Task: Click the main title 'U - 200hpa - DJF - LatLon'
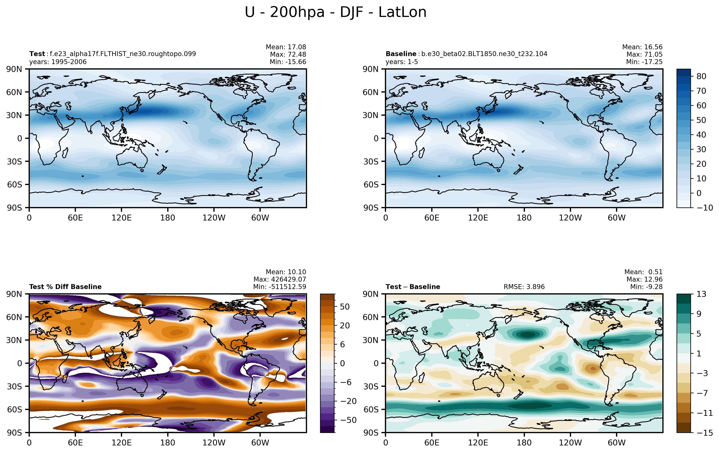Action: coord(336,12)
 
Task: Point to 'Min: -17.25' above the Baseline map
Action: coord(644,62)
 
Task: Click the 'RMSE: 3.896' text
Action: coord(524,287)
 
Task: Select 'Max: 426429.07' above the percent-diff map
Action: coord(280,279)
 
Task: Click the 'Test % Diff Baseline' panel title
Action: coord(65,287)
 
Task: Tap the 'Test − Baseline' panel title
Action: coord(413,287)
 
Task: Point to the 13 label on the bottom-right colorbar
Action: coord(701,294)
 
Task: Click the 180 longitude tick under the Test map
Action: coord(167,218)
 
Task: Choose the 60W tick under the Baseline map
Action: coord(617,218)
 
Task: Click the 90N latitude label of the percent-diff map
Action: coord(14,294)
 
